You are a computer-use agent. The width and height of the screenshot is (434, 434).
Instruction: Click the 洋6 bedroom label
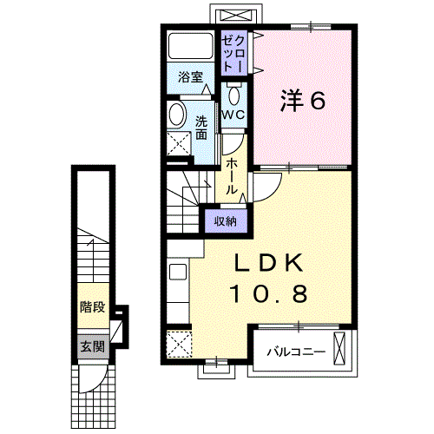point(301,101)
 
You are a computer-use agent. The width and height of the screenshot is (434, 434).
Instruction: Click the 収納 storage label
point(226,221)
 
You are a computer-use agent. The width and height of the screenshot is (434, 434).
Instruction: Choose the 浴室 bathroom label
point(190,77)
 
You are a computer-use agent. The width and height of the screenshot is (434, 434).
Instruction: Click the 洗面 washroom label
point(201,128)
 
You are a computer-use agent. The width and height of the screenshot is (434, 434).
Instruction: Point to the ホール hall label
point(233,176)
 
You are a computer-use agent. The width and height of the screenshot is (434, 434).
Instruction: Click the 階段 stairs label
point(91,306)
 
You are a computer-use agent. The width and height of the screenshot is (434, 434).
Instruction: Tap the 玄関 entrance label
point(91,345)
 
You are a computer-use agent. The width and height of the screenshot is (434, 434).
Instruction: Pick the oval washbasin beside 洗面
point(176,115)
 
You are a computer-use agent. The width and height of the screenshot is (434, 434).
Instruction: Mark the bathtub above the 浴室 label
point(190,47)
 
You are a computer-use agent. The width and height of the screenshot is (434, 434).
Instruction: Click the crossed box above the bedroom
point(234,16)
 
